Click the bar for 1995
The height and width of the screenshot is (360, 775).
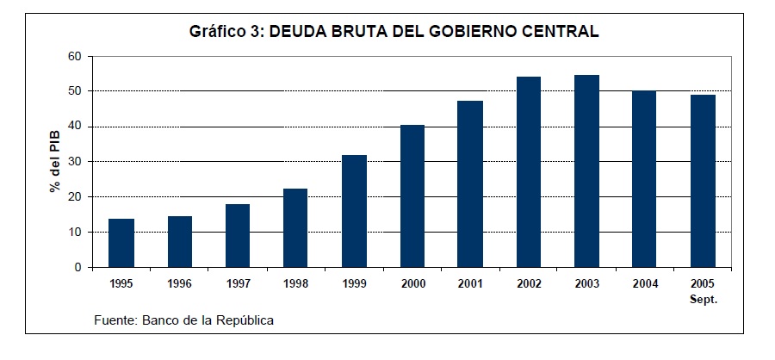(x=121, y=243)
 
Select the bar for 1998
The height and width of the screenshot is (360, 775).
(x=295, y=228)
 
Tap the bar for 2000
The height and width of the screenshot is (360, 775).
(x=412, y=196)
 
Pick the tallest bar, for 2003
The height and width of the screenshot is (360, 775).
(x=586, y=171)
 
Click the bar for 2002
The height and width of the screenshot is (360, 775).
(x=528, y=172)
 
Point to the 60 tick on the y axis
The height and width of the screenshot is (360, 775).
(x=74, y=56)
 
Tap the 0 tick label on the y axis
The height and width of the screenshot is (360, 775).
(x=77, y=268)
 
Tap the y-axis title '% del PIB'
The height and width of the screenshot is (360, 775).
(x=54, y=162)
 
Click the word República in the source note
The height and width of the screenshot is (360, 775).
(x=246, y=320)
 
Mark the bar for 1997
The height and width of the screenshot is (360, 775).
(x=238, y=236)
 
